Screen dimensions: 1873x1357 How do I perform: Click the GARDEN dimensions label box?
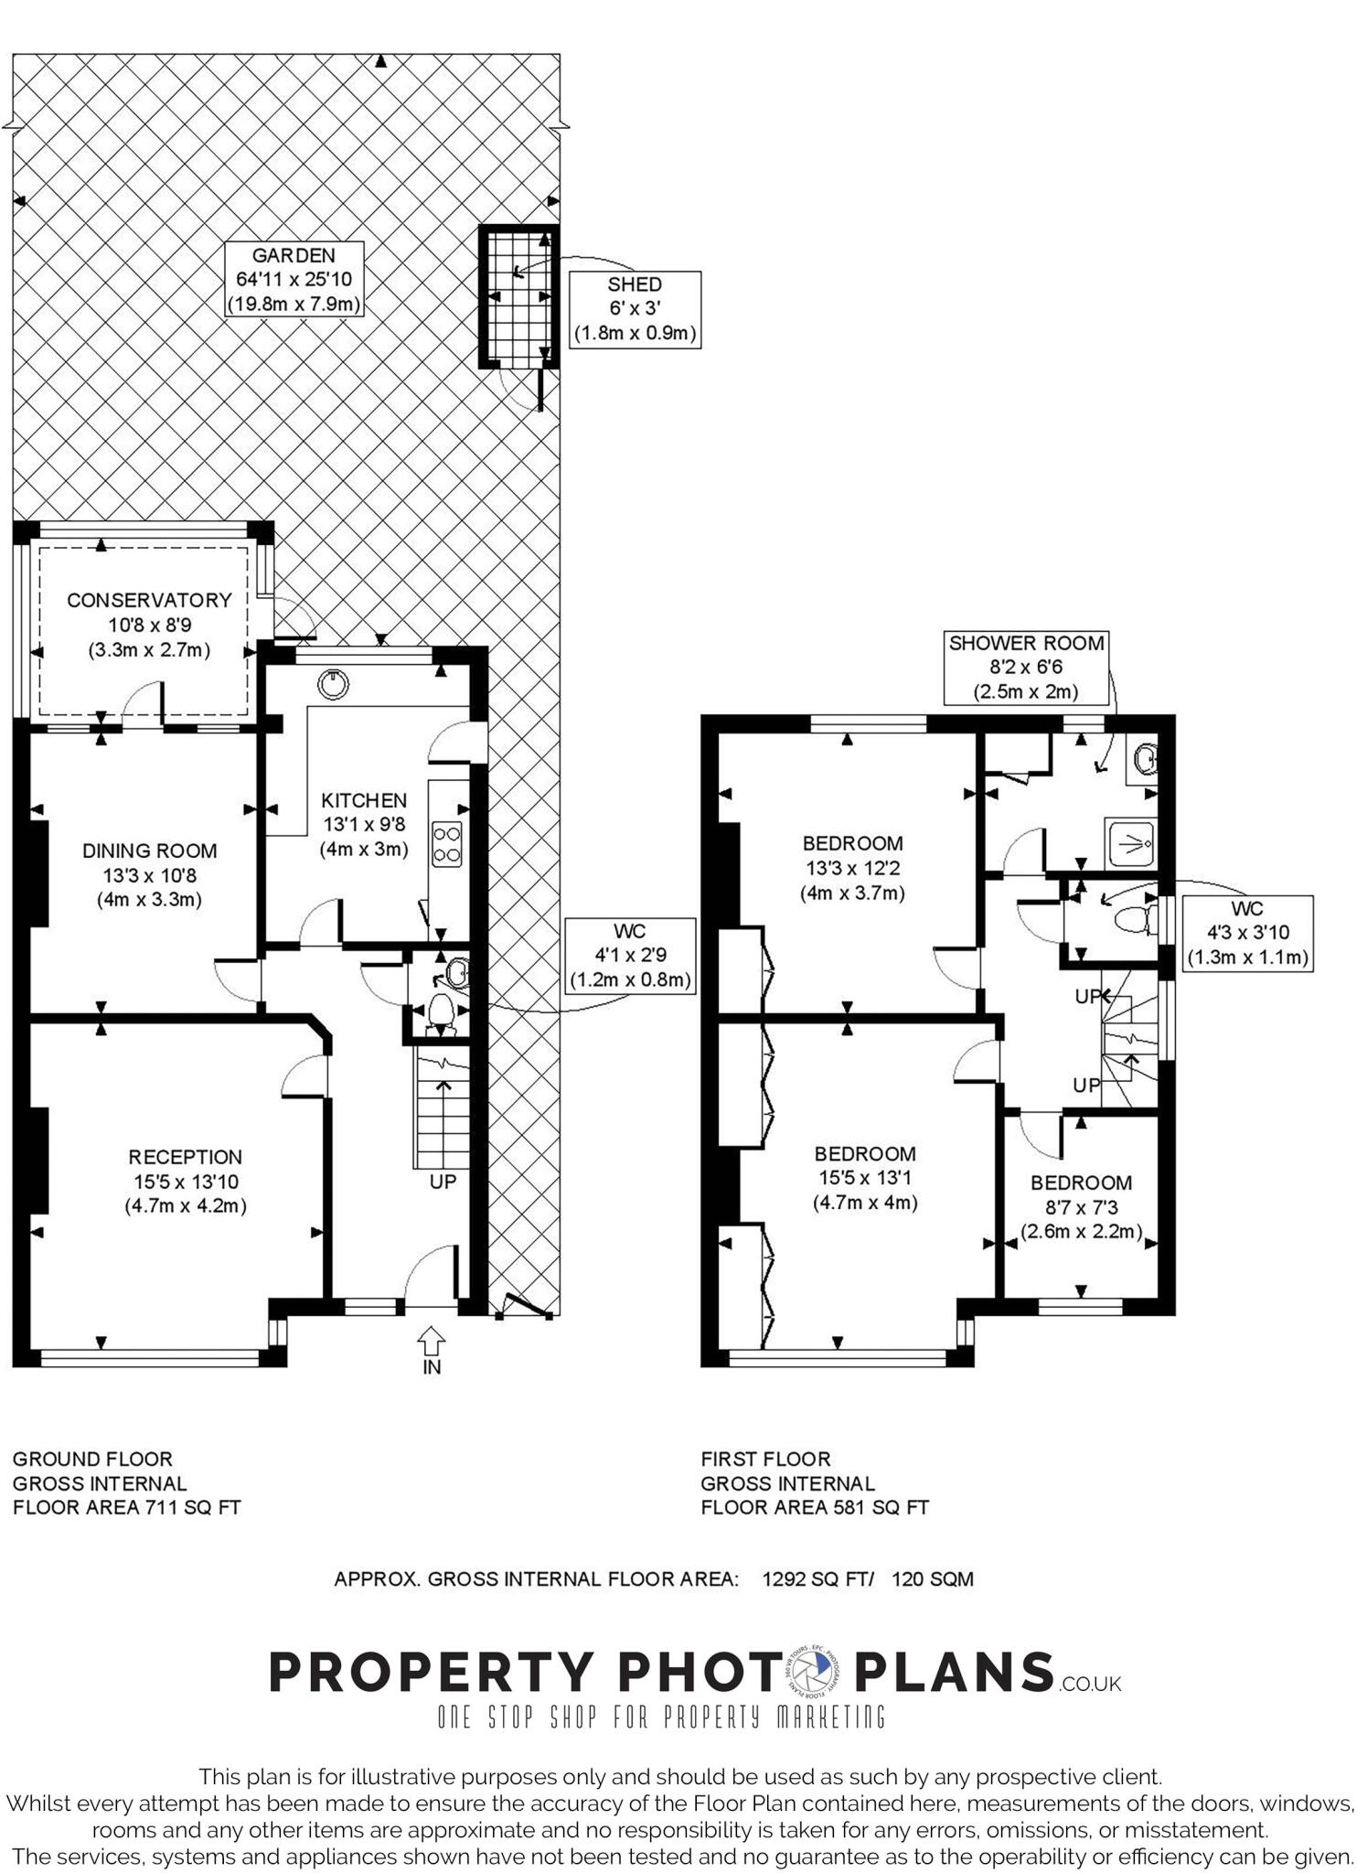(x=294, y=279)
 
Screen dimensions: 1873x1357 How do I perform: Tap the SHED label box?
(x=635, y=309)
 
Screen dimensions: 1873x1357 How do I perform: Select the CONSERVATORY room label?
(x=149, y=625)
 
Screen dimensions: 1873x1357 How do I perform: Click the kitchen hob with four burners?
(x=446, y=843)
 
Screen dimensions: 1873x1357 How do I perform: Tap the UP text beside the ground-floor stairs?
(x=443, y=1182)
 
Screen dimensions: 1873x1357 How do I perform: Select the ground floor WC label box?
(x=629, y=956)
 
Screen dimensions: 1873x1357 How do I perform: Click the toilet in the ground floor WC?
(x=440, y=1012)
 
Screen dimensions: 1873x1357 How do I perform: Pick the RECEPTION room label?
(x=185, y=1181)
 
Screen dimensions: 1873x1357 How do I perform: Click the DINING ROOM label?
(x=149, y=874)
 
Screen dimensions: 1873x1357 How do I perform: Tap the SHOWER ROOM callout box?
(x=1025, y=667)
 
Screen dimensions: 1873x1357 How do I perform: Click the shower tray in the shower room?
(x=1130, y=842)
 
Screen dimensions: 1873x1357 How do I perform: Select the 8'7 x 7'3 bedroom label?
(x=1081, y=1206)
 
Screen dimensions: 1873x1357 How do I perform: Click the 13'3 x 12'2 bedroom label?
(x=852, y=867)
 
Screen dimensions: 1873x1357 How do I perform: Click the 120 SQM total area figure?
(x=932, y=1579)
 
